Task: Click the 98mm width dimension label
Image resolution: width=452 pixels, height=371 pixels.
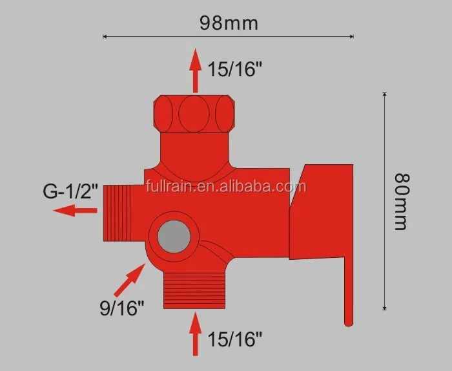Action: (x=228, y=23)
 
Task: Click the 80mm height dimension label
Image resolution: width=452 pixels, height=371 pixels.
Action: (x=402, y=201)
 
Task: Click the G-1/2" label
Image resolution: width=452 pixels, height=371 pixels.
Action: (x=71, y=191)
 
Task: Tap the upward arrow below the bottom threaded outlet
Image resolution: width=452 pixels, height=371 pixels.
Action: (x=196, y=334)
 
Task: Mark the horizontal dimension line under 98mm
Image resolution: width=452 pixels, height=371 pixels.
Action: (x=228, y=37)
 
